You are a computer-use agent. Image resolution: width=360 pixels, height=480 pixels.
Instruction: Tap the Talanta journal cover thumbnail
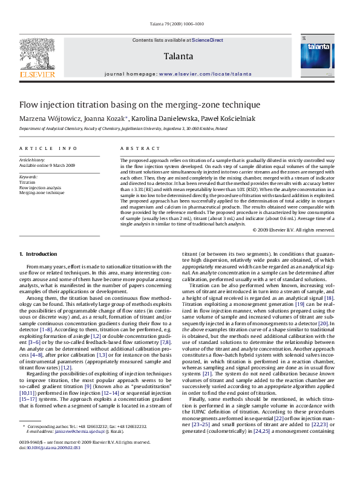(x=317, y=55)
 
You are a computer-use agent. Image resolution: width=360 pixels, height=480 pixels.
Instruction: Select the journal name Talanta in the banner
(x=178, y=56)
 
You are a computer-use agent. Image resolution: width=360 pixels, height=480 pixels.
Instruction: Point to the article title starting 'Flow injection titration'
(x=139, y=104)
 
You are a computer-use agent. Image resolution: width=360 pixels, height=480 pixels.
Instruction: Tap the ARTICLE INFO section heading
(x=48, y=148)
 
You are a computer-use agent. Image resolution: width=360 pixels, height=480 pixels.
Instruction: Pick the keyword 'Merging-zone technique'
(x=42, y=192)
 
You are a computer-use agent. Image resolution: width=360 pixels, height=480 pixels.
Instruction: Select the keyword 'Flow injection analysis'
(x=41, y=187)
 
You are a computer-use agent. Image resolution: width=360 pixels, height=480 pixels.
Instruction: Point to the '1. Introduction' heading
(x=38, y=254)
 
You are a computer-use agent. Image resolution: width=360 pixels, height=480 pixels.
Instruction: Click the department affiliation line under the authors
(x=123, y=129)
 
